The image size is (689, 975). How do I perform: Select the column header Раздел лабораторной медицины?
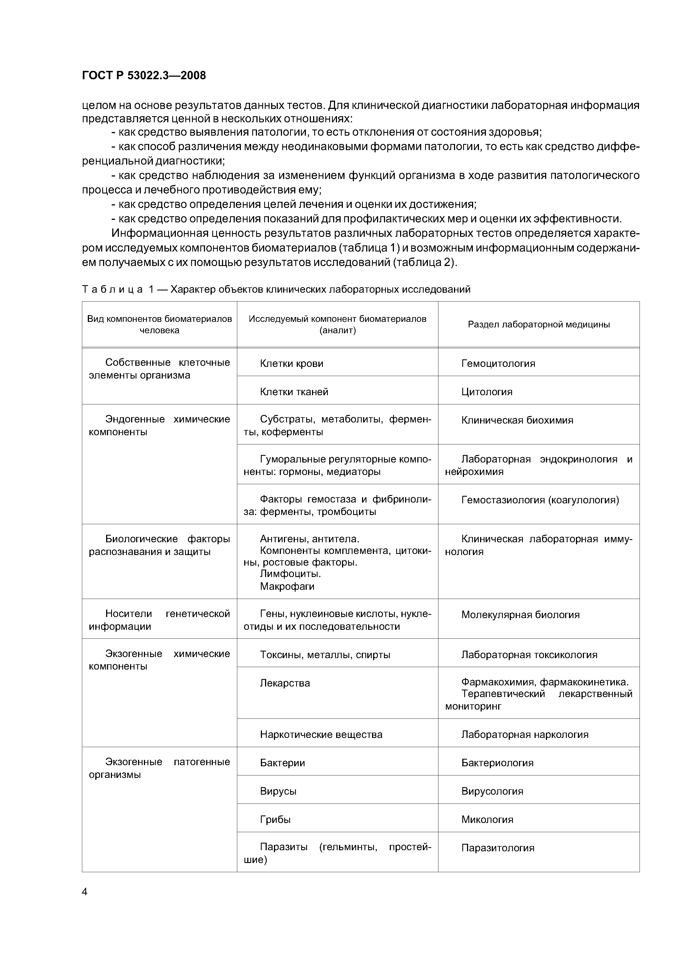coord(538,324)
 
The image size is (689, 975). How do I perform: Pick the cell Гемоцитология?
coord(498,364)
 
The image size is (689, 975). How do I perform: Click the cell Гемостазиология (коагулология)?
coord(540,500)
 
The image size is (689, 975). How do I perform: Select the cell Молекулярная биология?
coord(520,615)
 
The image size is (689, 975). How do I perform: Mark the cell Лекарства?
coord(285,683)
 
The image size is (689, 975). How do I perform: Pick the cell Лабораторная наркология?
coord(525,734)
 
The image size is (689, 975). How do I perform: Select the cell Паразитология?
coord(498,848)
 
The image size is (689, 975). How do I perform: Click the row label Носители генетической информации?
coord(159,620)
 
